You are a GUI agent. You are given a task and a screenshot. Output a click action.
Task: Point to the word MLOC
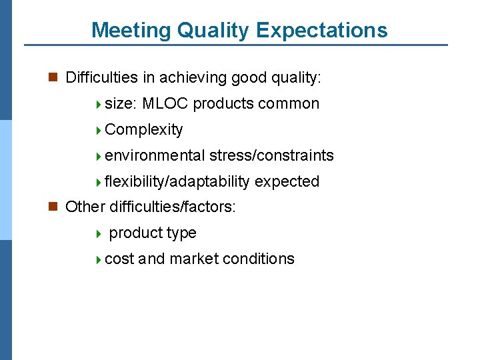tap(165, 104)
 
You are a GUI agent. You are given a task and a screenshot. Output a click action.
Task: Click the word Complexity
tap(144, 130)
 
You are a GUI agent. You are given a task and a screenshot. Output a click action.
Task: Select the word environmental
tap(155, 156)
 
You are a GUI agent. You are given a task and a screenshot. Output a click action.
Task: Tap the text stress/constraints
tap(271, 156)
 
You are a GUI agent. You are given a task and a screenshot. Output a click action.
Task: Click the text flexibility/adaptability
tap(177, 182)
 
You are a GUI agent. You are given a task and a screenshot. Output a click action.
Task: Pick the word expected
tap(287, 182)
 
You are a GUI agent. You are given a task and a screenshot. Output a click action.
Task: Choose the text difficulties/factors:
tap(173, 207)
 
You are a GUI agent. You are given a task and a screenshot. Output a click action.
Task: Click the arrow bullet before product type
tap(98, 234)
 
